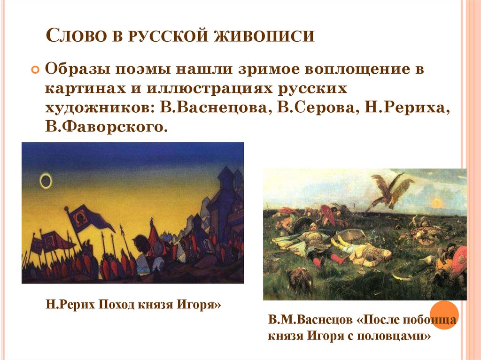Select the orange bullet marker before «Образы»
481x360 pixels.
point(34,69)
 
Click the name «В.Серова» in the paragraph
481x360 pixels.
point(312,108)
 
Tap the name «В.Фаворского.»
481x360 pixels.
point(106,126)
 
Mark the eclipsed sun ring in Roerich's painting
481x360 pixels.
point(46,180)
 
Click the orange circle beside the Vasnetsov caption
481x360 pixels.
point(444,315)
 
